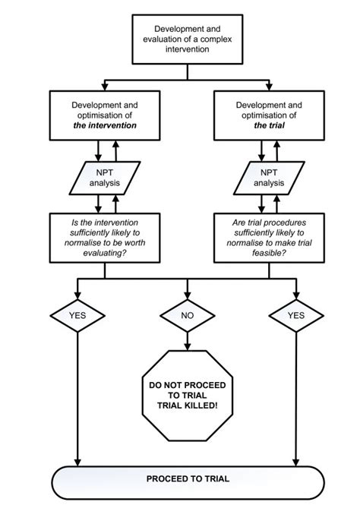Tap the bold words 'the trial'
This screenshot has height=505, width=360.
point(268,125)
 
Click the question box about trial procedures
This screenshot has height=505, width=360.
point(268,237)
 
